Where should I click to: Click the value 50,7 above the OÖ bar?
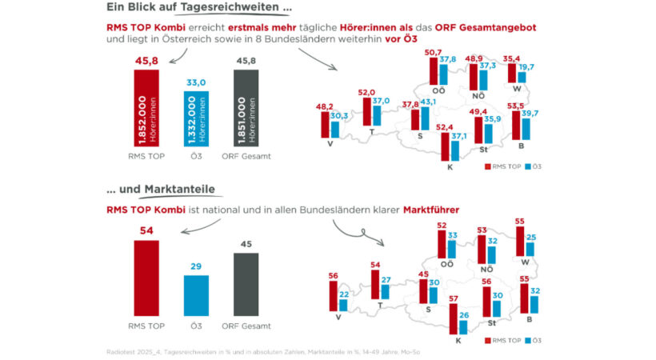click(434, 52)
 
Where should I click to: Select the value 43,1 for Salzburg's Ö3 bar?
click(429, 102)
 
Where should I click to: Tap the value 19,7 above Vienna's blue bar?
click(526, 67)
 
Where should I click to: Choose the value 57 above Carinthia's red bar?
click(454, 299)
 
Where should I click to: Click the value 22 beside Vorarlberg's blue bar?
click(344, 294)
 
